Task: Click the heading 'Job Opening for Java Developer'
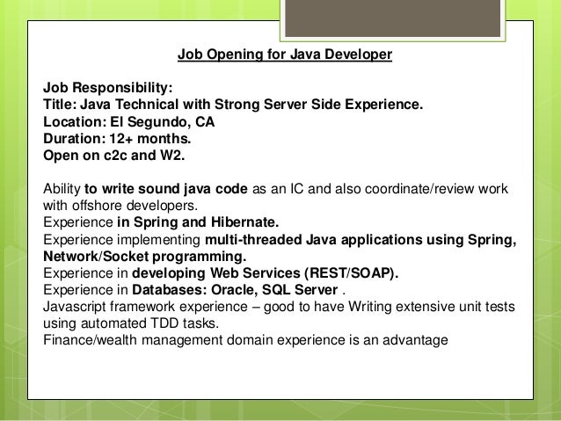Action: coord(284,55)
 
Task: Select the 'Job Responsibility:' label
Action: coord(108,89)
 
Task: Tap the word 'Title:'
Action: coord(61,105)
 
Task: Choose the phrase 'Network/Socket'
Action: coord(96,257)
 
